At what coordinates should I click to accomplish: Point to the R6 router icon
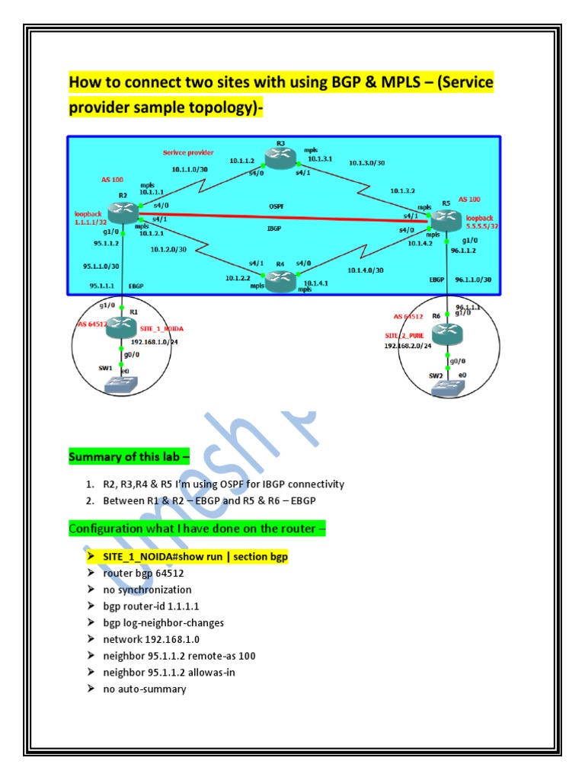(x=447, y=334)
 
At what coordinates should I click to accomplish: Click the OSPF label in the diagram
(x=275, y=205)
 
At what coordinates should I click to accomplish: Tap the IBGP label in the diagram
(x=277, y=228)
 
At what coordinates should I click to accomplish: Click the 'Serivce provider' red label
(x=188, y=152)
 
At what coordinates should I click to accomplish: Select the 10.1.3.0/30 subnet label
(x=367, y=162)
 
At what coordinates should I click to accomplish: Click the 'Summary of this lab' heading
(x=129, y=457)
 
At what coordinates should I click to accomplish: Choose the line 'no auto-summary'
(x=145, y=689)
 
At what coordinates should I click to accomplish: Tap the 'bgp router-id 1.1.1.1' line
(x=152, y=606)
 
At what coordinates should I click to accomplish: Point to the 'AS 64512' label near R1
(x=92, y=324)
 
